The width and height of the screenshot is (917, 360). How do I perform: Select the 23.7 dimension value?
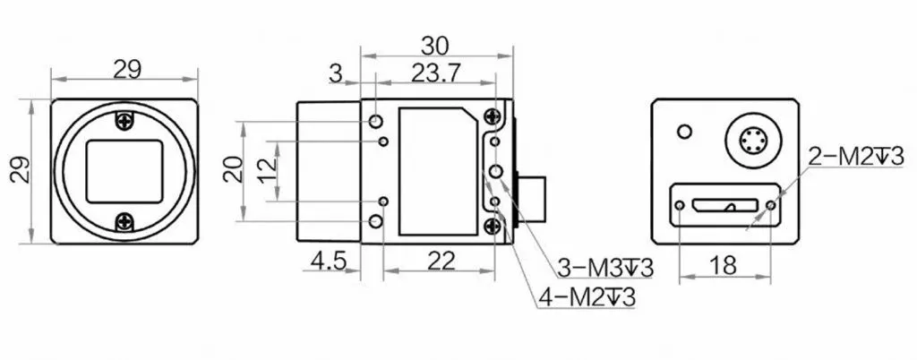point(436,73)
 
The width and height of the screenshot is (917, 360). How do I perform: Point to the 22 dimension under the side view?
point(441,261)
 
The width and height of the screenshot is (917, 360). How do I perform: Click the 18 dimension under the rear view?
point(724,265)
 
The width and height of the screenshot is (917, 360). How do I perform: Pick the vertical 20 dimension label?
point(234,170)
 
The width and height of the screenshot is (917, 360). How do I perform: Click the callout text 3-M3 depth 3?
point(604,270)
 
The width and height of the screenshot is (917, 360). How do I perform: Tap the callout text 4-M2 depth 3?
point(587,297)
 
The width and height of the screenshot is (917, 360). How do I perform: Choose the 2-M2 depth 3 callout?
point(856,157)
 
